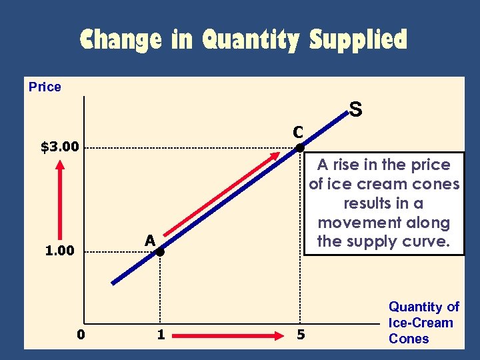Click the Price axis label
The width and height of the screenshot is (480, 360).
point(45,87)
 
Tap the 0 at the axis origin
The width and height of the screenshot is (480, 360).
point(80,334)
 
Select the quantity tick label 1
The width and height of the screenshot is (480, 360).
point(161,334)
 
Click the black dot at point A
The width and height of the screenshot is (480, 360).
point(160,252)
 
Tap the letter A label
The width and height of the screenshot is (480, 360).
point(150,240)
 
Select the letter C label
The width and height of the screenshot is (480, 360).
point(297,131)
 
